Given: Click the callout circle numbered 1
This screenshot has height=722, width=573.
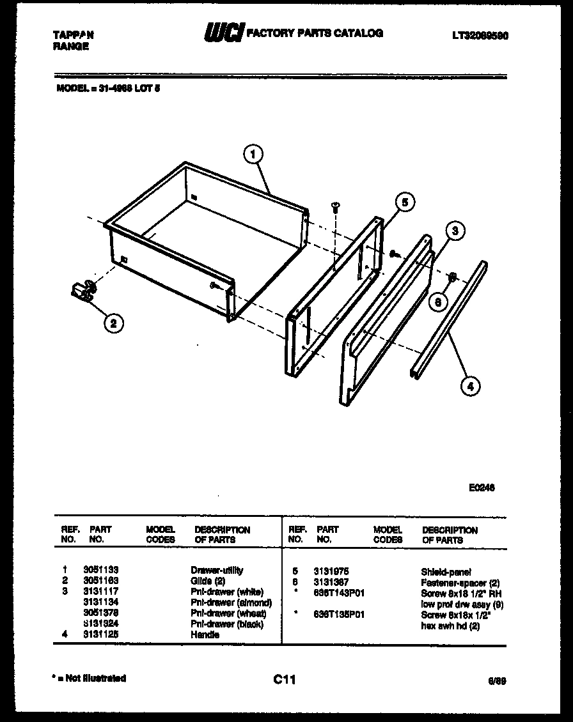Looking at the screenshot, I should pos(253,154).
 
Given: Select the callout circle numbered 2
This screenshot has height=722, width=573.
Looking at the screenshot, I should pos(113,323).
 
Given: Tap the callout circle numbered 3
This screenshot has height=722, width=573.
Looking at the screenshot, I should pos(455,231).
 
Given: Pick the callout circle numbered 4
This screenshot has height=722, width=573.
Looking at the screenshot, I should pos(470,385).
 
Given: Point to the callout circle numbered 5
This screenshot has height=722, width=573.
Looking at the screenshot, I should pos(404,202).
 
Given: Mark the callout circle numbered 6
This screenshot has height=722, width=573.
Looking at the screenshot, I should pos(437,302).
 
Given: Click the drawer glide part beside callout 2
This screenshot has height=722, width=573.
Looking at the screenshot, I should pos(84,291).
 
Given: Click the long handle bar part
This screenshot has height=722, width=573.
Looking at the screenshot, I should pos(445,319).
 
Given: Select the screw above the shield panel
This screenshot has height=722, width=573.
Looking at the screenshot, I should pos(334,206).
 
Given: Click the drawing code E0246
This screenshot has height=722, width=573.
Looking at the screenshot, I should pos(481,487).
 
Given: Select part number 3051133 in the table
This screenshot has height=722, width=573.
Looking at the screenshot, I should pos(101,570).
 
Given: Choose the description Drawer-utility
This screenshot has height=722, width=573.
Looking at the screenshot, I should pos(217,570).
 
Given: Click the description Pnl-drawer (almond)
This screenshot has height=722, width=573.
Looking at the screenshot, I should pos(231,603).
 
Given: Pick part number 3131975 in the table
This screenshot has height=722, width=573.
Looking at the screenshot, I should pos(331,572).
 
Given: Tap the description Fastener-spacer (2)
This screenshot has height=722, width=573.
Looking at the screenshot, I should pos(460,583).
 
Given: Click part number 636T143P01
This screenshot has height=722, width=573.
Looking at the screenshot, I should pos(339,593).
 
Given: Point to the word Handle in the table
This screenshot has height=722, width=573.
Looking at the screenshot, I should pos(205,635).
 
